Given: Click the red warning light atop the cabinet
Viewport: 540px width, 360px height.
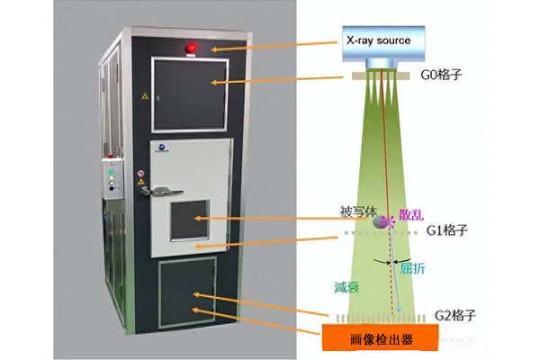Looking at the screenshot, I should [x=190, y=46].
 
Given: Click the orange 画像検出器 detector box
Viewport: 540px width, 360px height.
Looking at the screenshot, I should [x=382, y=338].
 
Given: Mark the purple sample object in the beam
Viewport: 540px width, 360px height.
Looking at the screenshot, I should [x=383, y=221].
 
